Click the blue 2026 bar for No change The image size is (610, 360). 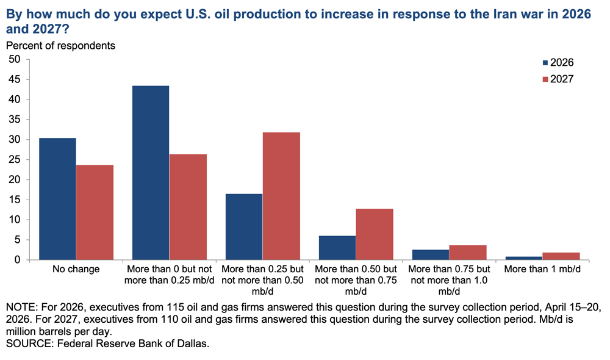tap(57, 199)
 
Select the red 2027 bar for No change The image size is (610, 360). tap(95, 212)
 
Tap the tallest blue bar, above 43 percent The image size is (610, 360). tap(151, 173)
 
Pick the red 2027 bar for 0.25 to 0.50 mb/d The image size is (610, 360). tap(281, 196)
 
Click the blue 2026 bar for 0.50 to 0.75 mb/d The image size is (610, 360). tap(337, 248)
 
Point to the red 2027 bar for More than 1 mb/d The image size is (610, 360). tap(561, 256)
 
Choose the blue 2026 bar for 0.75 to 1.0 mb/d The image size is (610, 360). tap(431, 254)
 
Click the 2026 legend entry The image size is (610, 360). tap(558, 63)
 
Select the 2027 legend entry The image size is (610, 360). tap(558, 79)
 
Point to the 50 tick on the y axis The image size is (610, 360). tap(15, 59)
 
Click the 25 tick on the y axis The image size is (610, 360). tap(15, 160)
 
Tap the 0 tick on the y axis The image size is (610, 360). tap(17, 259)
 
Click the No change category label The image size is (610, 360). tap(76, 269)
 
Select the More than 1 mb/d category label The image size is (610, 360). tap(542, 269)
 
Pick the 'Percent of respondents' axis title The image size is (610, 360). tap(60, 46)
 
